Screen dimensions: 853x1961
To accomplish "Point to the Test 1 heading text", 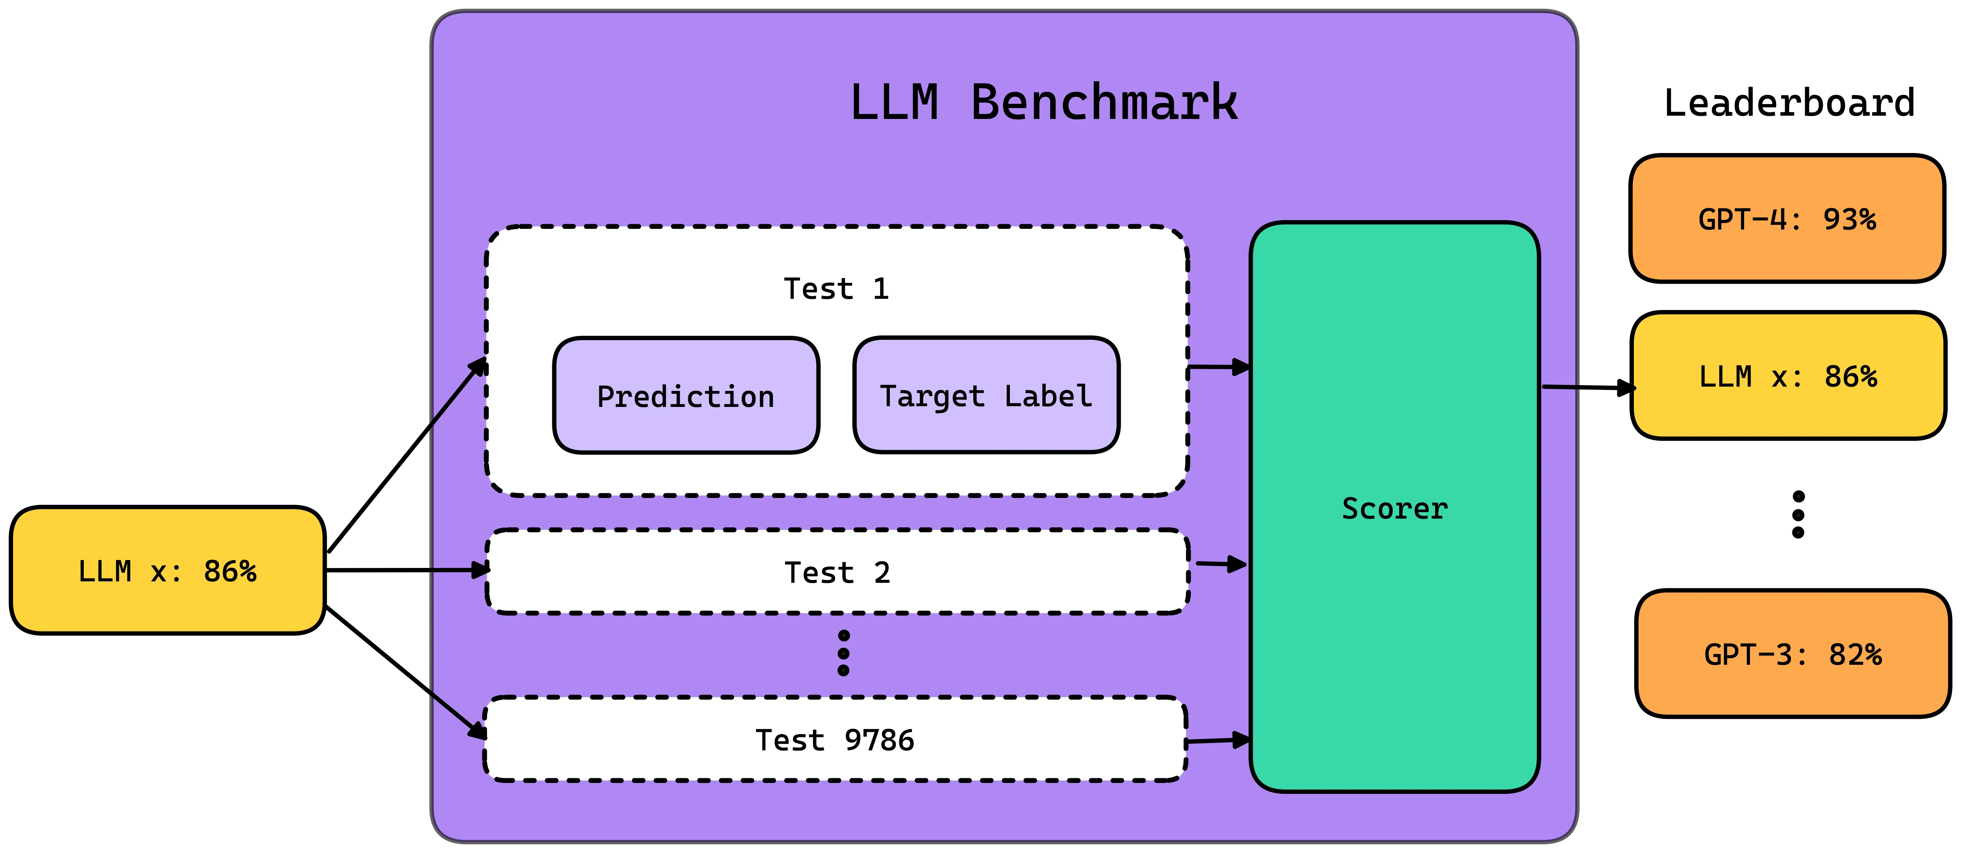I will pyautogui.click(x=836, y=289).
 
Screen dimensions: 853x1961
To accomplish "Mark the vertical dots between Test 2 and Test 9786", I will pyautogui.click(x=843, y=653).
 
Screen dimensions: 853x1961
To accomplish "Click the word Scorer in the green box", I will pyautogui.click(x=1394, y=508).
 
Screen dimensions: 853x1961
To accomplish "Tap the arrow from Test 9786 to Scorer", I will pyautogui.click(x=1218, y=739).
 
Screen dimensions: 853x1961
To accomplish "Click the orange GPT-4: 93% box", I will pyautogui.click(x=1787, y=219).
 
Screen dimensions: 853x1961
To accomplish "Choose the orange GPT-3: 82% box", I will pyautogui.click(x=1793, y=654).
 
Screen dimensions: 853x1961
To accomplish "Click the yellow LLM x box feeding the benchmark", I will pyautogui.click(x=168, y=570).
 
